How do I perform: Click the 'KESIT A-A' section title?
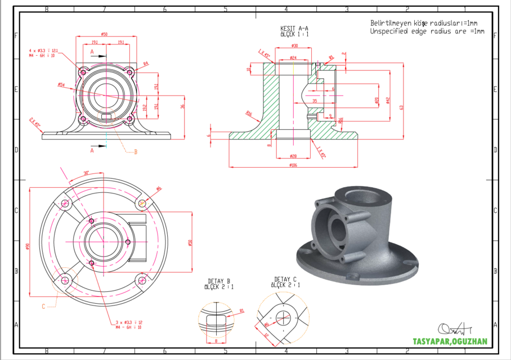pos(294,28)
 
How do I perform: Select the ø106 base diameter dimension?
pos(293,165)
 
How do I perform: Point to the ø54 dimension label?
pos(61,85)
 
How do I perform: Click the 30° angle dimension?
pos(86,173)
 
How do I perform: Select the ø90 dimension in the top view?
pos(27,245)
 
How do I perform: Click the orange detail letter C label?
pos(43,307)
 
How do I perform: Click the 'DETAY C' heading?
pos(285,279)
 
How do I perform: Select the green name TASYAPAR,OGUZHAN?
pos(450,341)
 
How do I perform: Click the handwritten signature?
pos(454,328)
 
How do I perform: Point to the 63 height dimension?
pos(401,107)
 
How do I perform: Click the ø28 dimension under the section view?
pos(293,155)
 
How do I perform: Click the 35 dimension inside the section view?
pos(315,101)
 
